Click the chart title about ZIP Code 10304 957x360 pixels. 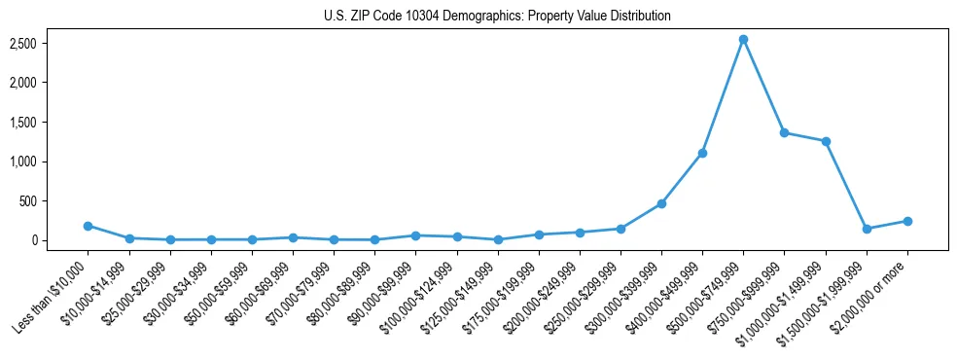497,17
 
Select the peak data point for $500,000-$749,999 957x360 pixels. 743,40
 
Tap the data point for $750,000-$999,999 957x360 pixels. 784,132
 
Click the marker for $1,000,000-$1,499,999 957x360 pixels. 826,141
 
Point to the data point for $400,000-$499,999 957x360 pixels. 702,153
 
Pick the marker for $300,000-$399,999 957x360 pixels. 661,203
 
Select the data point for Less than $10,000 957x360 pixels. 88,226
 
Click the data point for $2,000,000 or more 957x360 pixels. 907,221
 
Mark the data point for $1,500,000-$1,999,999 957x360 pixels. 867,229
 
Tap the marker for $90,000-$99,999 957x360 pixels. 415,235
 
